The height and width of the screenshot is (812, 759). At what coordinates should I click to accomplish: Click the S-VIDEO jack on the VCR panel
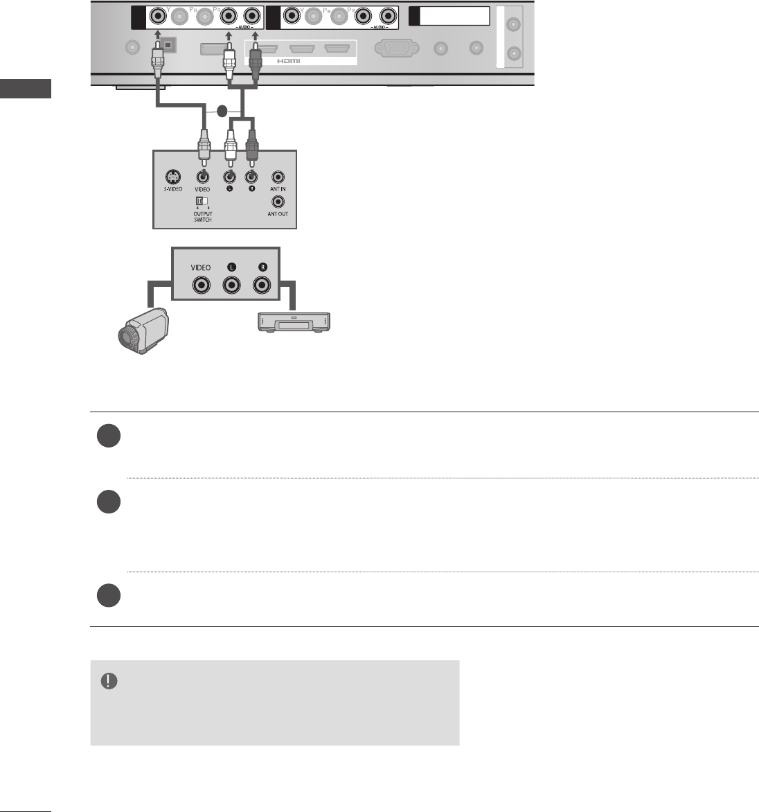pyautogui.click(x=171, y=176)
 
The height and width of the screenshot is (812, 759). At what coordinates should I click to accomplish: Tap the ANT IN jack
pyautogui.click(x=278, y=177)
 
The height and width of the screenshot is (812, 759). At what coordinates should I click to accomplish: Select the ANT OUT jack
pyautogui.click(x=278, y=202)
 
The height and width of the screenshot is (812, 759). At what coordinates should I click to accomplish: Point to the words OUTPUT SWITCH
pyautogui.click(x=203, y=217)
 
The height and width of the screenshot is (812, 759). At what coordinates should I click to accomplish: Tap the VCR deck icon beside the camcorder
pyautogui.click(x=294, y=321)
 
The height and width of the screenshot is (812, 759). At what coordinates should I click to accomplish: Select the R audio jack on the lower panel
pyautogui.click(x=261, y=285)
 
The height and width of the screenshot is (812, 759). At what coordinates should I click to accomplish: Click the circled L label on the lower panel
pyautogui.click(x=231, y=267)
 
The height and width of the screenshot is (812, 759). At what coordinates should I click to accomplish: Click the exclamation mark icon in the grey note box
pyautogui.click(x=109, y=680)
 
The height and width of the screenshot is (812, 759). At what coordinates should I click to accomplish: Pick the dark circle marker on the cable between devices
pyautogui.click(x=222, y=111)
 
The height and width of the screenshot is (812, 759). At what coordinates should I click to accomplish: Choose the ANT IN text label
pyautogui.click(x=278, y=189)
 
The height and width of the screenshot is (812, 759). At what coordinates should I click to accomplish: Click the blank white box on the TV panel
pyautogui.click(x=454, y=16)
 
